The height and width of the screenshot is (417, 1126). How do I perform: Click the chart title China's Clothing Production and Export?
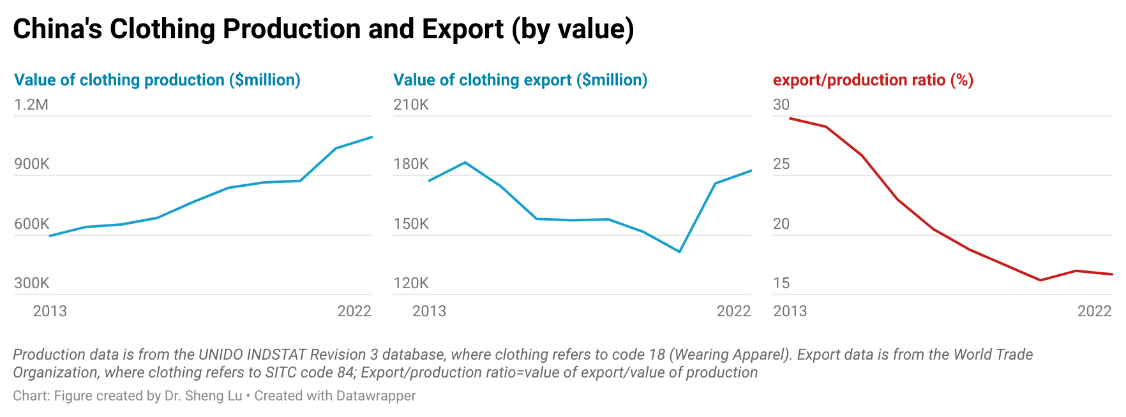[323, 29]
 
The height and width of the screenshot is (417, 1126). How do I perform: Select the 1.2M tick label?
[31, 105]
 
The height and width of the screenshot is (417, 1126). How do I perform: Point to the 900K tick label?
[32, 164]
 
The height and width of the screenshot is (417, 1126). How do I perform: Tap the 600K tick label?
[32, 224]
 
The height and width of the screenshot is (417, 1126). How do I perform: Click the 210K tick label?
[411, 105]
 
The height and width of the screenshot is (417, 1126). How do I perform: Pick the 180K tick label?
[411, 164]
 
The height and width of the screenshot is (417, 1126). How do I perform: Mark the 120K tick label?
[411, 283]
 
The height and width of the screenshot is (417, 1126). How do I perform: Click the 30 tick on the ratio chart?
[781, 105]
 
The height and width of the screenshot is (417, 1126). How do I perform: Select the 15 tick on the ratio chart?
[781, 283]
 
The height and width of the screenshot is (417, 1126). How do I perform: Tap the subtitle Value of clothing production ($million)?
[157, 80]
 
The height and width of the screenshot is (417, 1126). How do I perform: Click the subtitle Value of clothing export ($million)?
[520, 80]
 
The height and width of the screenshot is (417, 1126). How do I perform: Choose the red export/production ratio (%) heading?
[873, 80]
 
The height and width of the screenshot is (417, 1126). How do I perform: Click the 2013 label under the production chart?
[50, 311]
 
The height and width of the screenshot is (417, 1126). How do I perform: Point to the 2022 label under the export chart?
[733, 311]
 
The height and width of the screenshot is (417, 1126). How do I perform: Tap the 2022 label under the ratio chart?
[1094, 311]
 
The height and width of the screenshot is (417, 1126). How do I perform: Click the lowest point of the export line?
[680, 251]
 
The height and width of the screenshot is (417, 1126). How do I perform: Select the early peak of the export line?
[465, 163]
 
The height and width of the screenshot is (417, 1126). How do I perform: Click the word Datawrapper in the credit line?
[375, 396]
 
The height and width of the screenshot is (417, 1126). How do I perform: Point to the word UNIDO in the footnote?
[220, 355]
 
